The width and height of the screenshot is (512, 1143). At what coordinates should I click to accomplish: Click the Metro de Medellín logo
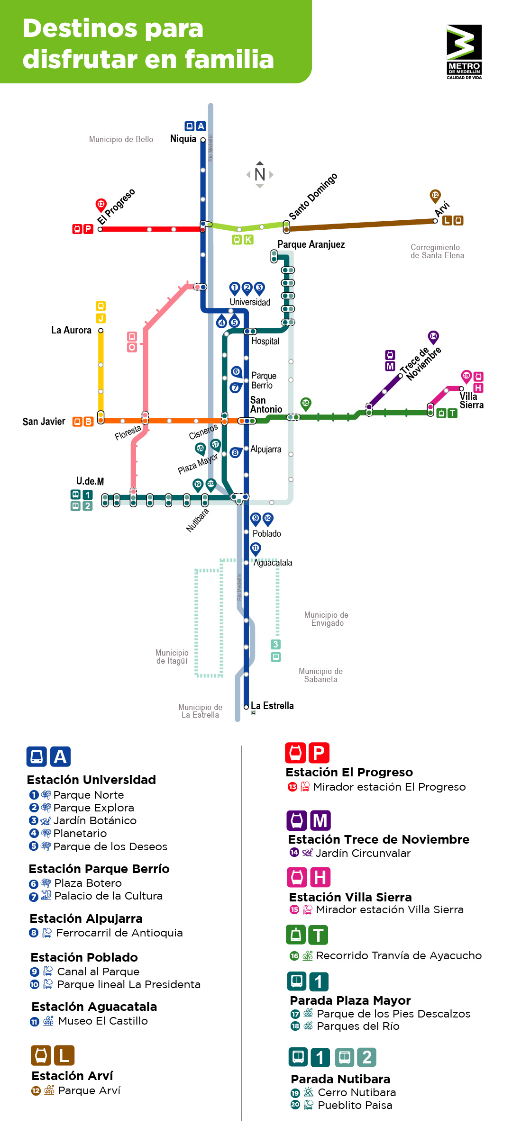(464, 52)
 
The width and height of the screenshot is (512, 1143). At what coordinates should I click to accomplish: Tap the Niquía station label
(183, 139)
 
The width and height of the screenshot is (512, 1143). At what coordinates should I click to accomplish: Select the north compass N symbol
(260, 174)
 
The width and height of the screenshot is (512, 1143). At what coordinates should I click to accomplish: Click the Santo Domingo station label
(313, 196)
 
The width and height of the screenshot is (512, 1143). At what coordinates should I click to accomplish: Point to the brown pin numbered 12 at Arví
(435, 195)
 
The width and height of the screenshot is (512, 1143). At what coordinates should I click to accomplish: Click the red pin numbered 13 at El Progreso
(101, 204)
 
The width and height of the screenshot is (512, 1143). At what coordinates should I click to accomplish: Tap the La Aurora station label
(71, 330)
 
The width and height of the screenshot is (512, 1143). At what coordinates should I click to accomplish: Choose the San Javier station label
(44, 422)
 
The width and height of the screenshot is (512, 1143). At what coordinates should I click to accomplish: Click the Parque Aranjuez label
(311, 244)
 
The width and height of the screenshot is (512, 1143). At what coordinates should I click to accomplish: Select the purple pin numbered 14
(433, 336)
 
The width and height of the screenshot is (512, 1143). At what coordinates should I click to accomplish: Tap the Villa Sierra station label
(471, 400)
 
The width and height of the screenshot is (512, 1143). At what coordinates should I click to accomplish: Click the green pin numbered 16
(306, 403)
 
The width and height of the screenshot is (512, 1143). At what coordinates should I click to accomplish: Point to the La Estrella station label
(272, 706)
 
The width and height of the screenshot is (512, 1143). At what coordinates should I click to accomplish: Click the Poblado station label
(266, 534)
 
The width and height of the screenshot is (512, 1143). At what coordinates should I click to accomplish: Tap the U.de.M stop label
(90, 481)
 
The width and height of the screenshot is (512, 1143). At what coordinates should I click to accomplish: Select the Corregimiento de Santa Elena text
(437, 252)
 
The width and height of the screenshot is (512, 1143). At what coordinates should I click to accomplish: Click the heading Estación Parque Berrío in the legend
(99, 869)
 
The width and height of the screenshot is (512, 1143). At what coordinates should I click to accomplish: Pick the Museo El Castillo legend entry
(102, 1021)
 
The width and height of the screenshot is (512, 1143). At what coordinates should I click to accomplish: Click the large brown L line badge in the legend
(64, 1055)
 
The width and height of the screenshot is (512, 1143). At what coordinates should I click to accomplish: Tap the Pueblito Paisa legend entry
(355, 1105)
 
